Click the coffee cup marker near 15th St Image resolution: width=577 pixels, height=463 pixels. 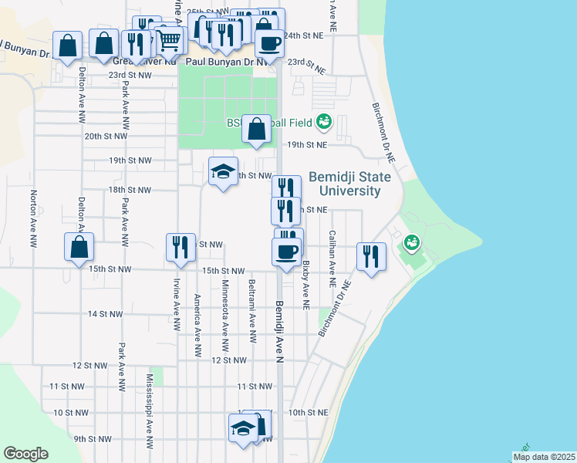(287, 252)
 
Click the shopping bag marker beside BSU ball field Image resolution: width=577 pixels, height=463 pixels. (256, 129)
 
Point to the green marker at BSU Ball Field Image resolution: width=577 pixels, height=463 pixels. (324, 122)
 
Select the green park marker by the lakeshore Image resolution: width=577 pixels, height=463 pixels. (412, 244)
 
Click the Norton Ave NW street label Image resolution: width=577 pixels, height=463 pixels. (33, 219)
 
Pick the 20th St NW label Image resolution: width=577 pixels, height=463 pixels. (106, 136)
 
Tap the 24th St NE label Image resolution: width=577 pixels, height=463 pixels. (303, 35)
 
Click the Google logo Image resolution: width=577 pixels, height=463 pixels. (25, 454)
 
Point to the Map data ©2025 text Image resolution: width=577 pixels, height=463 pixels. (545, 457)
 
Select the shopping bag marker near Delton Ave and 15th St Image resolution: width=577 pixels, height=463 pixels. (79, 247)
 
